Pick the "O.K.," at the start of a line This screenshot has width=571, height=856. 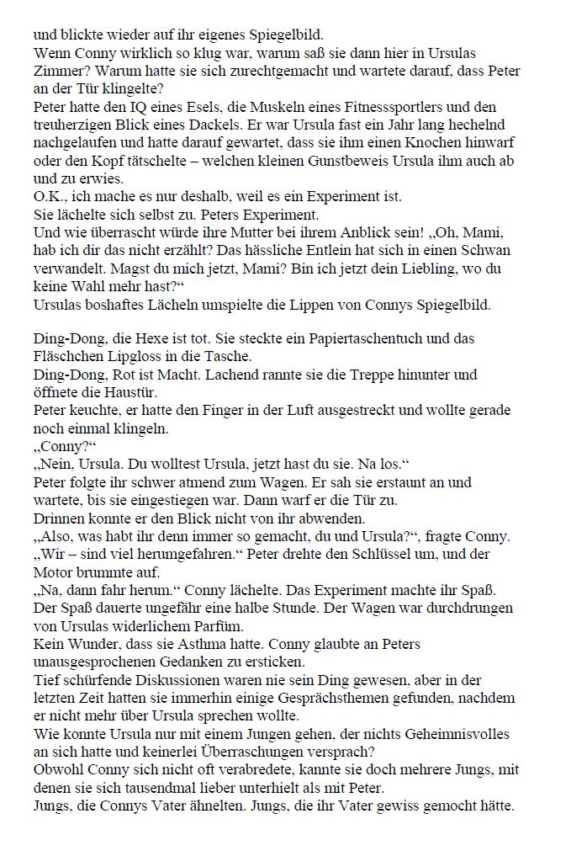pos(50,196)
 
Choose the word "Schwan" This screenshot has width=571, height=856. pos(488,250)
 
